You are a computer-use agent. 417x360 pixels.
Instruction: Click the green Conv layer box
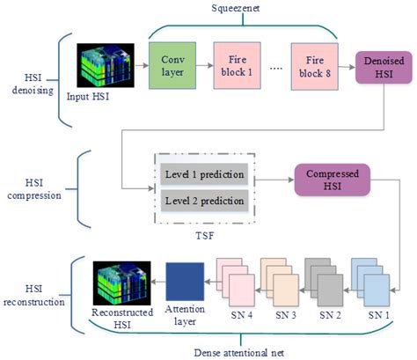tap(172, 65)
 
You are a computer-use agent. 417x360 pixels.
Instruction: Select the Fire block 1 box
tap(236, 65)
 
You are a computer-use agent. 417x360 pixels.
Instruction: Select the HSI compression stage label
tap(34, 184)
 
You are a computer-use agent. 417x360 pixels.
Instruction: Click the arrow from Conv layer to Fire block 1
tap(204, 66)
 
